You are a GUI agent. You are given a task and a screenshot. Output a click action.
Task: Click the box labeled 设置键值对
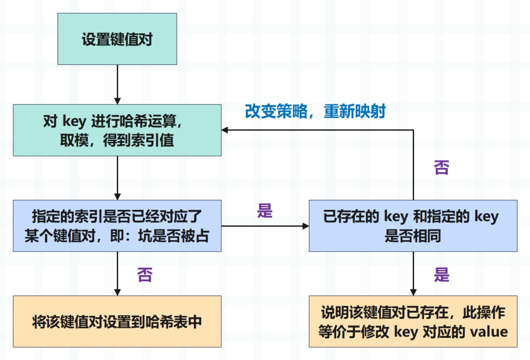(x=117, y=39)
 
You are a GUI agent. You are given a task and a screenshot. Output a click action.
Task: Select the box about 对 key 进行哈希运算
(x=117, y=130)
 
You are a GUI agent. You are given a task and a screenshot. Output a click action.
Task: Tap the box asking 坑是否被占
(x=117, y=226)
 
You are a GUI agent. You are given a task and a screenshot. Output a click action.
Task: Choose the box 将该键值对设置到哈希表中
(x=117, y=322)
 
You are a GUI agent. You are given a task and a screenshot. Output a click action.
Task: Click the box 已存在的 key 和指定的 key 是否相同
(x=413, y=226)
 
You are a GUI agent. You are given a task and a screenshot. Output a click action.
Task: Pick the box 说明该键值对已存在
(x=413, y=322)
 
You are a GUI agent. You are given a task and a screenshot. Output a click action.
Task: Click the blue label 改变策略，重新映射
(x=316, y=111)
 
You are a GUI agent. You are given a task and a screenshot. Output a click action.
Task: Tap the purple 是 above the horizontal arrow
(x=265, y=211)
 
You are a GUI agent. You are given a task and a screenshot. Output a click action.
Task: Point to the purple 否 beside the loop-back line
(x=442, y=168)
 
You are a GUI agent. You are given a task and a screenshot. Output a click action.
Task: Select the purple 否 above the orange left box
(x=145, y=275)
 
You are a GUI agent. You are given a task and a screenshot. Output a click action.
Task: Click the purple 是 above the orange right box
(x=442, y=275)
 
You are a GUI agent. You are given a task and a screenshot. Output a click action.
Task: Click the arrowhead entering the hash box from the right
(x=225, y=130)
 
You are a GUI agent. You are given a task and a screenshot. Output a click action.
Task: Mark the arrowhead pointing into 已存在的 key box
(x=306, y=226)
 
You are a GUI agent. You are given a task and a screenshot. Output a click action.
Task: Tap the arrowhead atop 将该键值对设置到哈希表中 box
(x=117, y=292)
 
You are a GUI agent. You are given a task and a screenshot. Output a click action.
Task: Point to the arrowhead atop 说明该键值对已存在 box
(x=413, y=292)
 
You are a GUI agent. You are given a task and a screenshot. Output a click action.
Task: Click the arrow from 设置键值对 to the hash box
(x=117, y=84)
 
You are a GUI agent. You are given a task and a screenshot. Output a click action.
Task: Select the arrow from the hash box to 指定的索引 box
(x=117, y=178)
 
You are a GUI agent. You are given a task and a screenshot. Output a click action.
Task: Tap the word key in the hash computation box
(x=75, y=122)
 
